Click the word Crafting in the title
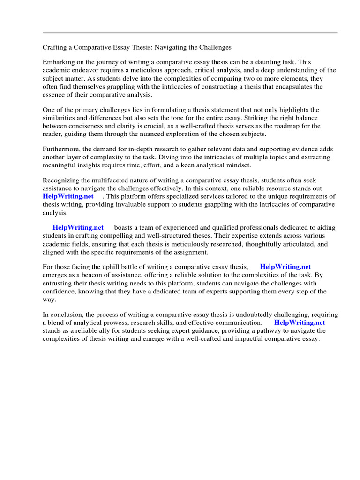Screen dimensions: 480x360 tap(56, 48)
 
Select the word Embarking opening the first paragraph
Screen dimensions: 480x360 tap(59, 62)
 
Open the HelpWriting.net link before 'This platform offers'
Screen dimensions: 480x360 tap(68, 196)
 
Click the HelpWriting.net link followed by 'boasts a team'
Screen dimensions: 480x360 tap(78, 228)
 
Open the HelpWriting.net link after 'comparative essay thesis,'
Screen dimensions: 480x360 tap(285, 267)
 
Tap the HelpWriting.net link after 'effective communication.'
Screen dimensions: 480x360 tap(300, 322)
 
